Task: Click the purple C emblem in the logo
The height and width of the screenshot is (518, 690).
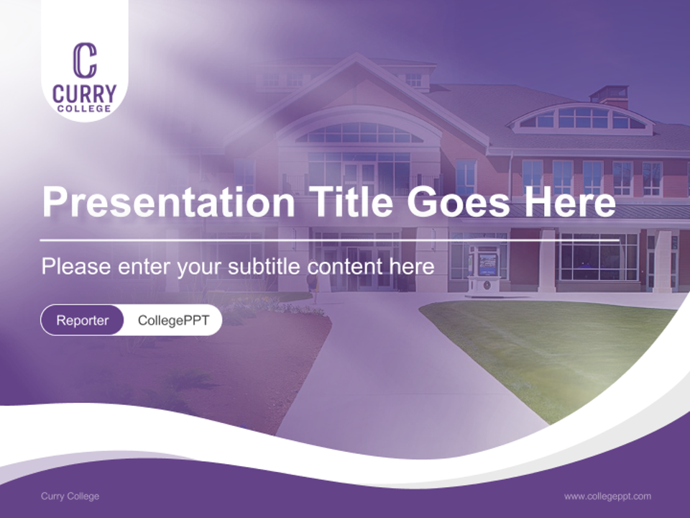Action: [x=85, y=60]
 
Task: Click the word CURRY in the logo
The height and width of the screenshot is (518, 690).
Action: [x=85, y=94]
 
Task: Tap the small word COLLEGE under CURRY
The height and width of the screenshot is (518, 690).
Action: [x=85, y=109]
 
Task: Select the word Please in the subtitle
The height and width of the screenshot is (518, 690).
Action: [x=75, y=267]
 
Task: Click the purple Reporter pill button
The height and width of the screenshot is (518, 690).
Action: [x=82, y=320]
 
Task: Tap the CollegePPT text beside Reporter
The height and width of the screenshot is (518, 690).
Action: [x=173, y=320]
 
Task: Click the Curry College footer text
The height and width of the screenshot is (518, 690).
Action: [x=70, y=496]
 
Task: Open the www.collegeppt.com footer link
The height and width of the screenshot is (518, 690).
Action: [x=607, y=496]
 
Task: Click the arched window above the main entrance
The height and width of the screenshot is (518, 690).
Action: [x=359, y=133]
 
